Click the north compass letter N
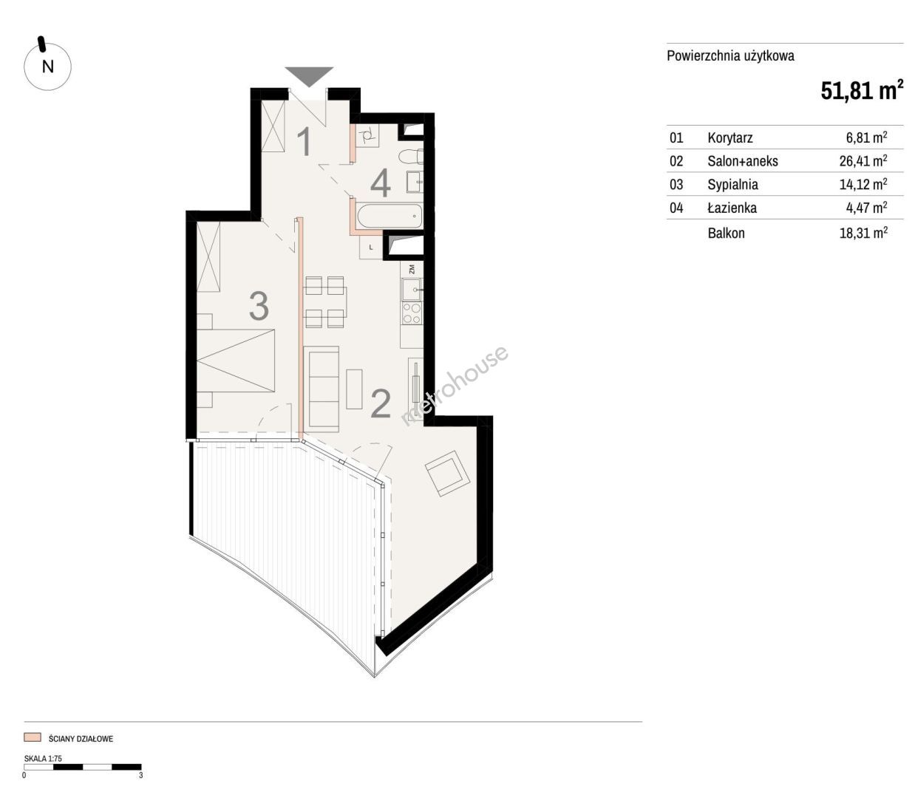[47, 66]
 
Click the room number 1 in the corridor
[304, 142]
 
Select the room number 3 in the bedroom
[259, 306]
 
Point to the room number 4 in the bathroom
[381, 184]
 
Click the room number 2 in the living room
[381, 403]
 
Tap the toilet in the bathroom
[410, 157]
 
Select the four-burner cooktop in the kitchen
[412, 313]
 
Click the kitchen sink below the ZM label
[412, 289]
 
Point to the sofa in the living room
[321, 389]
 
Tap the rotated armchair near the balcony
[448, 473]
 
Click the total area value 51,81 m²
[862, 91]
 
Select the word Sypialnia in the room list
[732, 185]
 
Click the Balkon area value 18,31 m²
[863, 233]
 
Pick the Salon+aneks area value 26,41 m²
[863, 160]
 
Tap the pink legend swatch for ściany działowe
[33, 737]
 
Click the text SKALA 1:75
[43, 758]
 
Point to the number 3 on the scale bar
[141, 775]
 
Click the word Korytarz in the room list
[730, 137]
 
